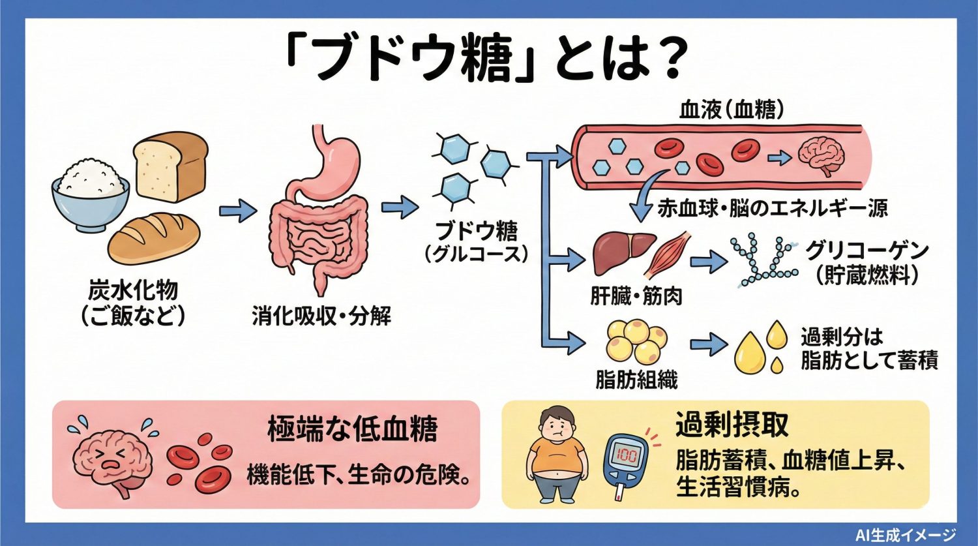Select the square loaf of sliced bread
pyautogui.click(x=171, y=166)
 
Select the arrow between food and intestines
pyautogui.click(x=238, y=210)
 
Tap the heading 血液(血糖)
pyautogui.click(x=731, y=109)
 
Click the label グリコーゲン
pyautogui.click(x=867, y=250)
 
